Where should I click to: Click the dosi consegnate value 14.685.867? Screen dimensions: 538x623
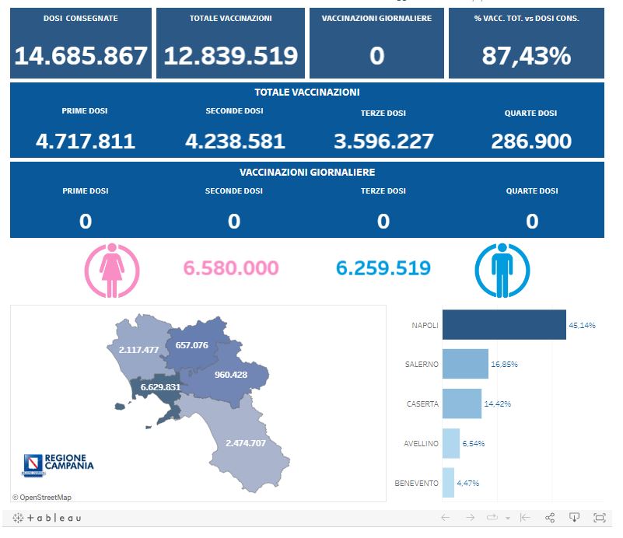81,56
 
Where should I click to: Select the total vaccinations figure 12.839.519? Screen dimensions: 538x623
230,56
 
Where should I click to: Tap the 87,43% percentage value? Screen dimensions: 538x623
526,56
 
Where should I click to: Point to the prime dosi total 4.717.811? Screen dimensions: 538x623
86,141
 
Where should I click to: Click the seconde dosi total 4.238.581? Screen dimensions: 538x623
235,141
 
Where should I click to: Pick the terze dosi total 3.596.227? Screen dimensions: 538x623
383,141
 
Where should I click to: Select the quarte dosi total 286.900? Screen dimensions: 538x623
531,141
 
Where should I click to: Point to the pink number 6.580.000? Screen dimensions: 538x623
231,268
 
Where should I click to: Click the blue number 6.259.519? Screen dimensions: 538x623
383,268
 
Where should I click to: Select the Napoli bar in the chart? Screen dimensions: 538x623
504,325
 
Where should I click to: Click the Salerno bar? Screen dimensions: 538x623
465,364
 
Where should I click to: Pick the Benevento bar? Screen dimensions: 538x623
448,483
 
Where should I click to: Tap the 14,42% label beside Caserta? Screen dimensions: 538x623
498,404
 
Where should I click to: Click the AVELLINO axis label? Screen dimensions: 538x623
421,444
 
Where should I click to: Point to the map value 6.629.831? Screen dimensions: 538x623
160,387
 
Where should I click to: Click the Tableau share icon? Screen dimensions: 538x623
550,518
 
